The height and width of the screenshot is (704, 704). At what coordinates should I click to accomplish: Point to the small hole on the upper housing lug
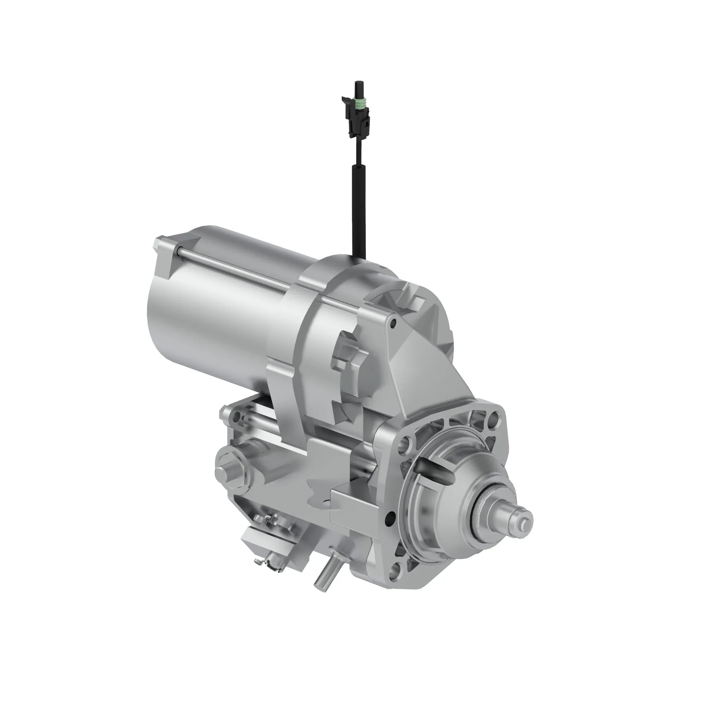pos(393,323)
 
